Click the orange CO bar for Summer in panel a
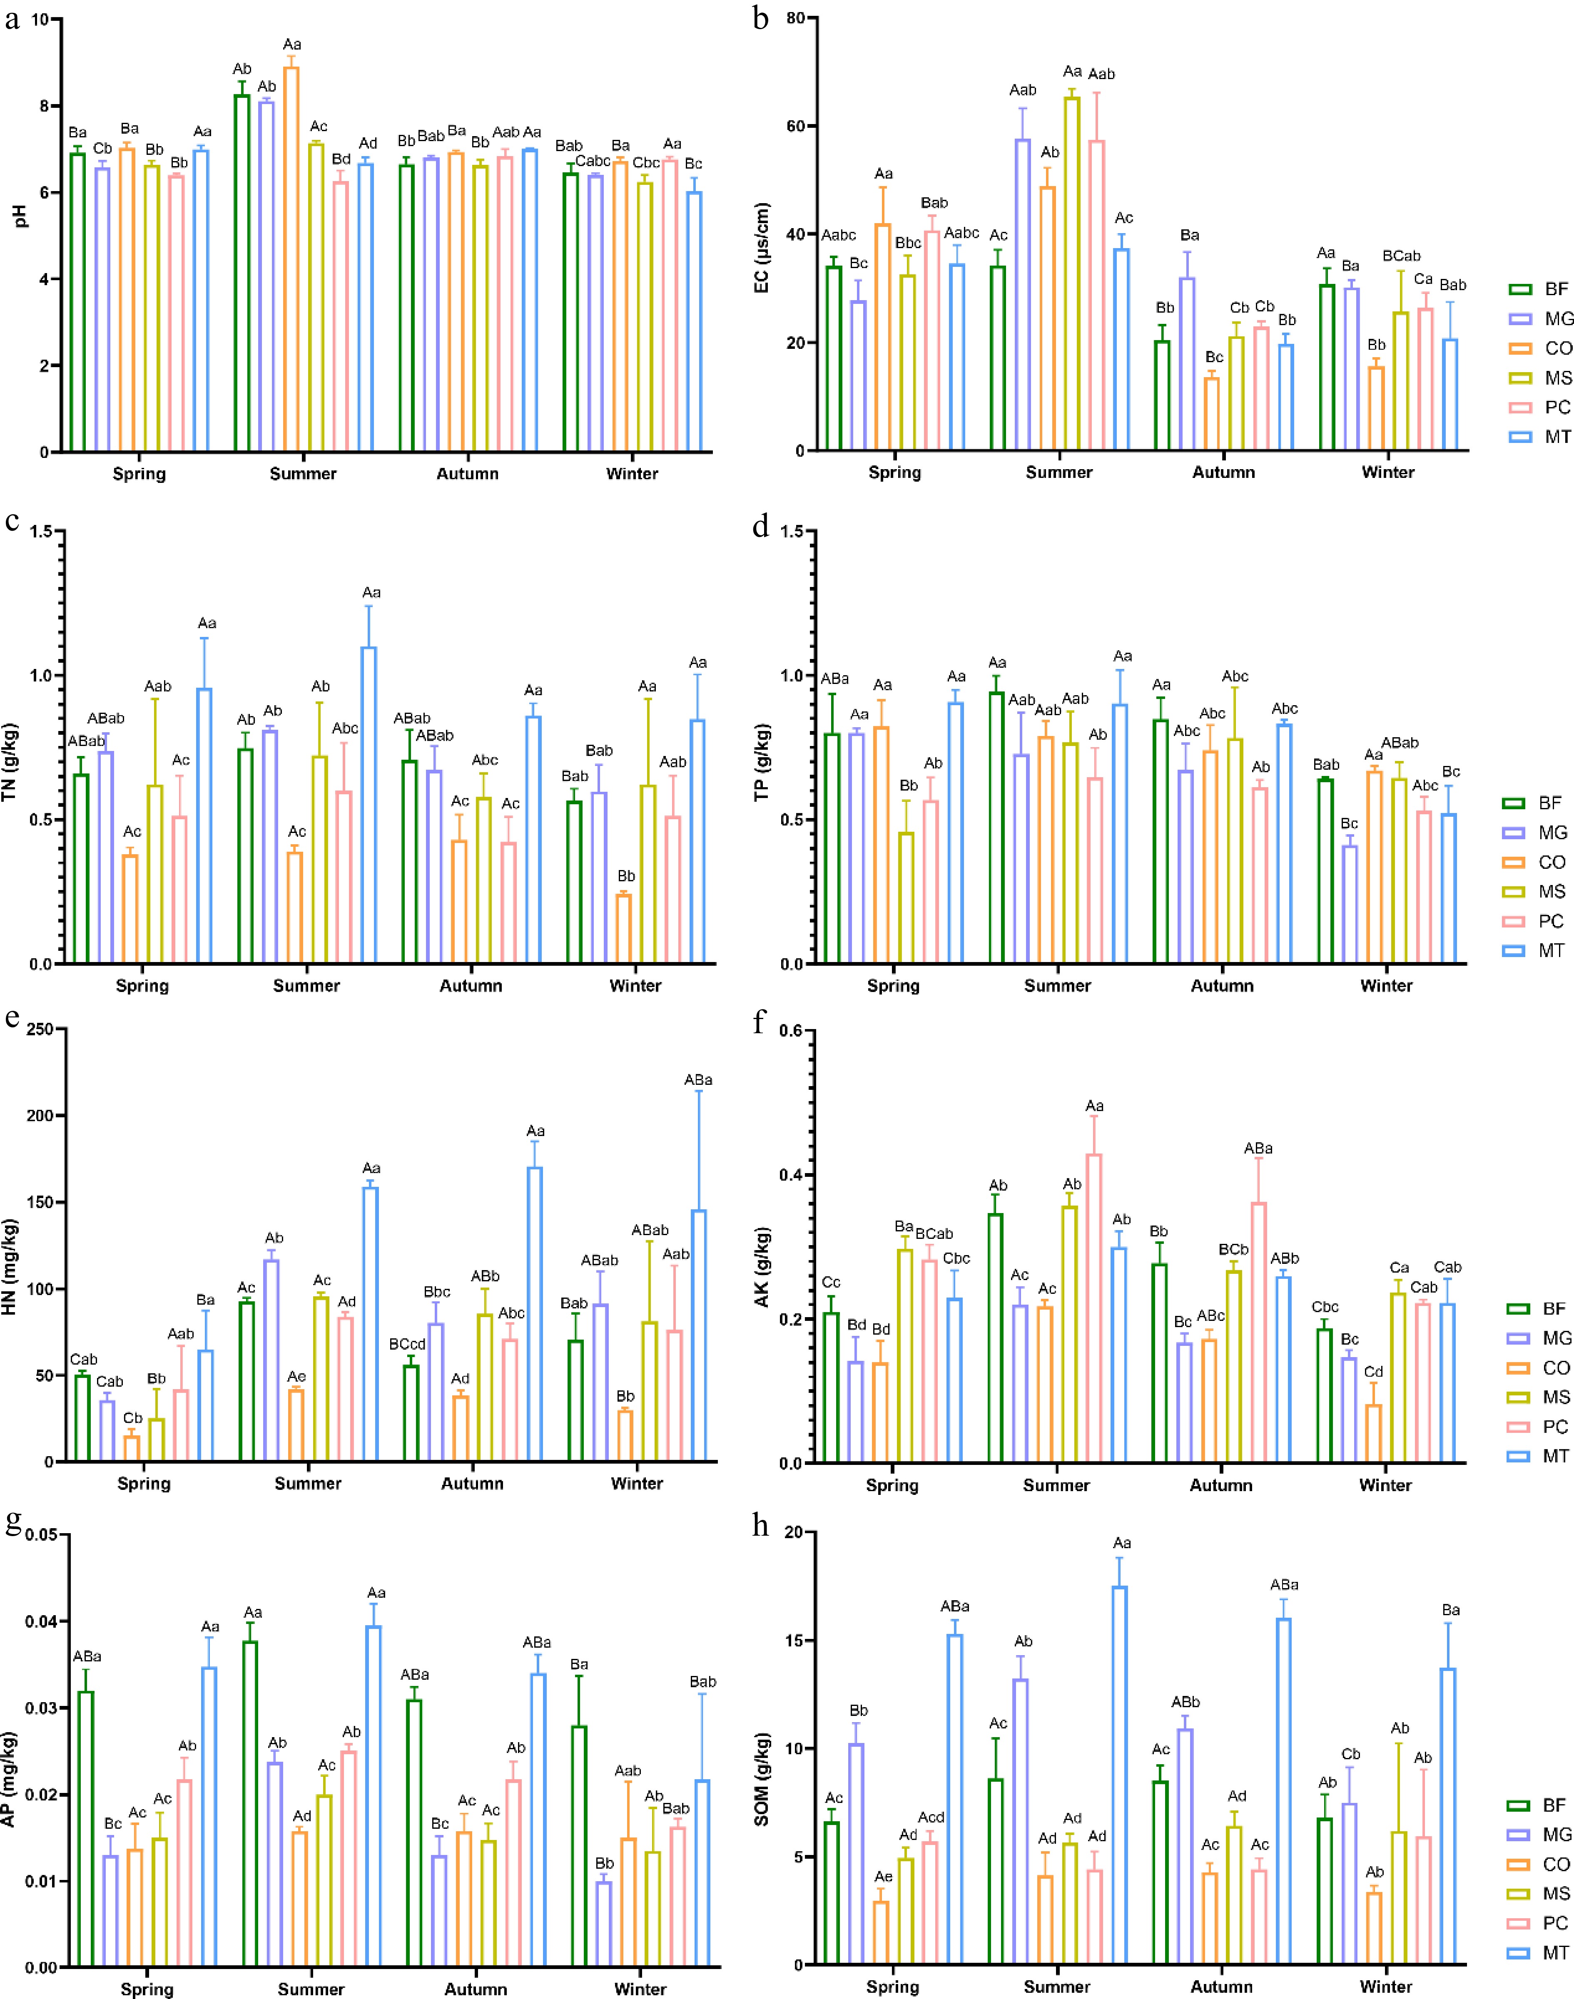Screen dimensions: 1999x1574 click(x=291, y=258)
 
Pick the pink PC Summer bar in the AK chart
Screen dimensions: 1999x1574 click(x=1094, y=1308)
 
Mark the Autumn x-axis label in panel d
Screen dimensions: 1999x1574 click(x=1222, y=986)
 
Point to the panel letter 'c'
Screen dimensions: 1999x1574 click(x=12, y=522)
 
